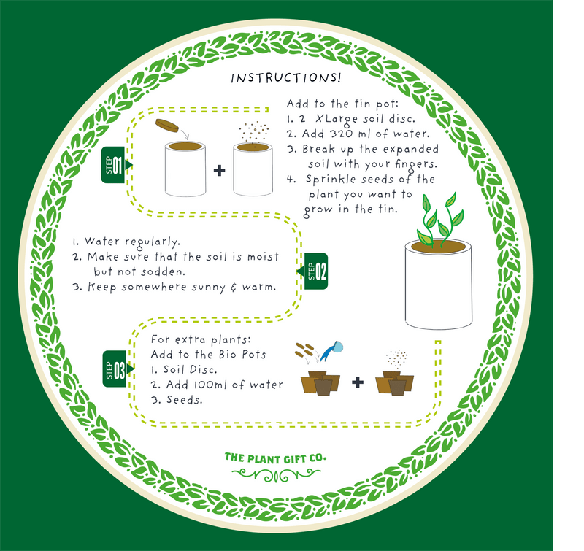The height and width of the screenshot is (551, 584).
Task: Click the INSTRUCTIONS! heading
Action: [x=285, y=78]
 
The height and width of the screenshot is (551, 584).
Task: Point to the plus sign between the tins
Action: [x=218, y=173]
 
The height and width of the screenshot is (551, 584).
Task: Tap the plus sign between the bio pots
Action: [x=357, y=382]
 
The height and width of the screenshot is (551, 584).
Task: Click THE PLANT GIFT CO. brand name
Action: [x=275, y=458]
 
